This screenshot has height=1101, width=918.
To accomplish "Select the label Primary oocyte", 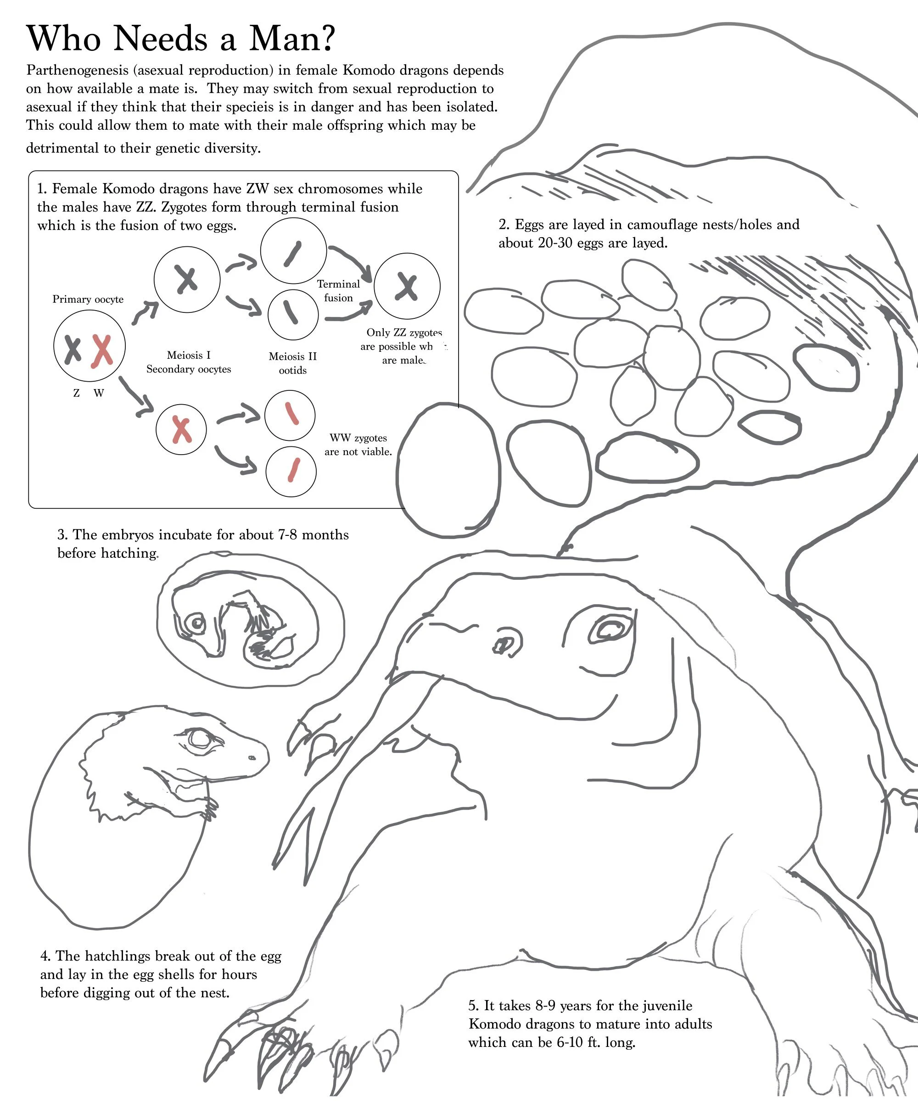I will tap(88, 300).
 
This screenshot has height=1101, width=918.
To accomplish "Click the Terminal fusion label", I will tap(338, 291).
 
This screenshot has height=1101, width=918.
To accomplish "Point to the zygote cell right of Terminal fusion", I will tap(407, 286).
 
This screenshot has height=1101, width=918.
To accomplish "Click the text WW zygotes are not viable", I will tap(358, 445).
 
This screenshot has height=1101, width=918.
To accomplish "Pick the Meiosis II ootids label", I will tap(293, 363).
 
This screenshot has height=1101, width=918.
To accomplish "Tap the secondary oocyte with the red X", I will tap(181, 430).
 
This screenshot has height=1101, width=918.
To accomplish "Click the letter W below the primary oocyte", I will tap(99, 393).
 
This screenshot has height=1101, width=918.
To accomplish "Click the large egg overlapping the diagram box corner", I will tap(448, 470).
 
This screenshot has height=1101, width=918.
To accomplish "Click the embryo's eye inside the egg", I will tap(197, 623).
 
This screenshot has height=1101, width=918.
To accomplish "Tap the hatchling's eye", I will tap(200, 739).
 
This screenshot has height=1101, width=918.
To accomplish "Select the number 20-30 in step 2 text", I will tap(554, 243).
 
